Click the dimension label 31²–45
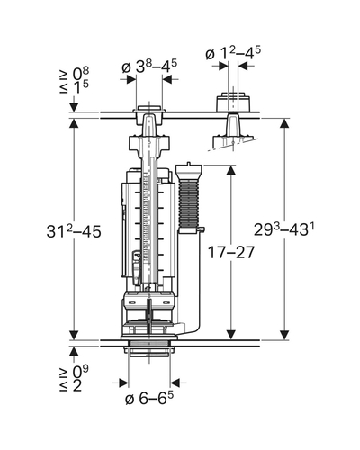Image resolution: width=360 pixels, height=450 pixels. (74, 231)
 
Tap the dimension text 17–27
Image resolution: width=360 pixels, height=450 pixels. (231, 252)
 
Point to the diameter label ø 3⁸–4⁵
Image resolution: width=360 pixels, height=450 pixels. (149, 67)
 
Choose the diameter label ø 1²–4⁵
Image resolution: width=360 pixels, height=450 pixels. (233, 54)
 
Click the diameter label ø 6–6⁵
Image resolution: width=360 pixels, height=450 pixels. (149, 398)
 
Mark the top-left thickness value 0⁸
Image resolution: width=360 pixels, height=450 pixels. (81, 73)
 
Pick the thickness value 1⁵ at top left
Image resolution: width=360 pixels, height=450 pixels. (81, 87)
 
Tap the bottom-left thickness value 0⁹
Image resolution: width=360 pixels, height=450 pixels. (81, 371)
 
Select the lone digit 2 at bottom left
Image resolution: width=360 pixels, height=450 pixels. (77, 385)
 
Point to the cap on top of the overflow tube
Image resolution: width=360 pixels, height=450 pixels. (188, 171)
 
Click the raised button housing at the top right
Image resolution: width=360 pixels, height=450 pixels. (233, 103)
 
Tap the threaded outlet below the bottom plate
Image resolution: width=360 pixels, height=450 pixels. (149, 349)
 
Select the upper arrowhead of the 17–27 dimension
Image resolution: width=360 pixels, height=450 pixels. (230, 170)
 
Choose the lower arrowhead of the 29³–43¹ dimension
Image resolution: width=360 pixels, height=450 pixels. (284, 335)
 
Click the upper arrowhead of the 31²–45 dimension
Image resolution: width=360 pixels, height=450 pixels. (74, 124)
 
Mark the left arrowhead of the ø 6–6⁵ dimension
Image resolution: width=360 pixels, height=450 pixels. (123, 382)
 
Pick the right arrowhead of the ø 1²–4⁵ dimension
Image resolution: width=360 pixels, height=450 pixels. (243, 66)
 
